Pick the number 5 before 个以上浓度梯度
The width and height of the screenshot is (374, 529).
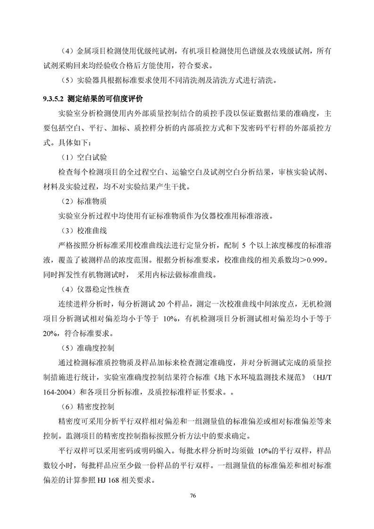[244, 245]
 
